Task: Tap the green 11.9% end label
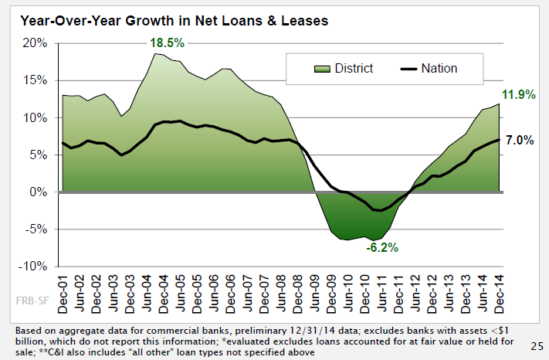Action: coord(517,96)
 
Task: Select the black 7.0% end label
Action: coord(519,141)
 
